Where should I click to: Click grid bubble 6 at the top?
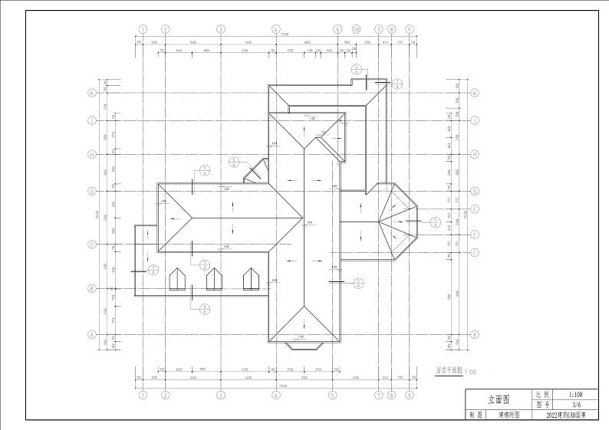[x=337, y=29]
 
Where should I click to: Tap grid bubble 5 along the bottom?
[x=332, y=396]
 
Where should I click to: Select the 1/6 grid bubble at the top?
[x=356, y=29]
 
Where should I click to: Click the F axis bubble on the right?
[x=475, y=208]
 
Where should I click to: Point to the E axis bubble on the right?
[x=475, y=235]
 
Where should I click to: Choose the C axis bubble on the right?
[x=475, y=252]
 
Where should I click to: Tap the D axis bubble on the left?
[x=91, y=245]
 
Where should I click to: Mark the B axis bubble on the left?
[x=91, y=289]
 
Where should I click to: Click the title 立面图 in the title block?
[x=499, y=399]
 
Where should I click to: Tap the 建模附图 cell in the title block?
[x=509, y=415]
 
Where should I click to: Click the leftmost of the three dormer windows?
[x=179, y=279]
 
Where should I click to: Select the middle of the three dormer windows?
[x=215, y=279]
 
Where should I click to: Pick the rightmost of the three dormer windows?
[x=251, y=279]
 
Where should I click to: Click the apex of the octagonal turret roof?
[x=379, y=221]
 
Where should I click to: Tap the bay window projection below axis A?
[x=304, y=346]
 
